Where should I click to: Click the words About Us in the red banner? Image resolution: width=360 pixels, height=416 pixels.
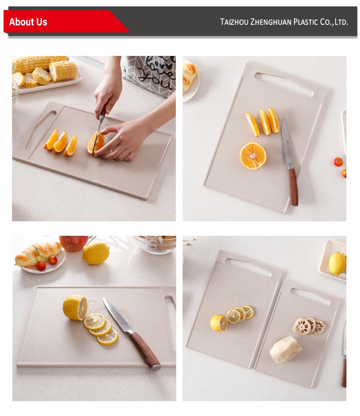(x=28, y=22)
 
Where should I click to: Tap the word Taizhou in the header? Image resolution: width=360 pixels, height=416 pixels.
(x=234, y=22)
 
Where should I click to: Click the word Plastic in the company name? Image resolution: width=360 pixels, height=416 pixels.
(x=305, y=22)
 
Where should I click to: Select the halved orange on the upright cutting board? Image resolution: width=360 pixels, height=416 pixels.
(x=253, y=156)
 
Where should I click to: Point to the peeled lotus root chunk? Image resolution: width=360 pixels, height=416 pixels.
(x=285, y=350)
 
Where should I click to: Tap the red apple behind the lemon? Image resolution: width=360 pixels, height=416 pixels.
(x=74, y=243)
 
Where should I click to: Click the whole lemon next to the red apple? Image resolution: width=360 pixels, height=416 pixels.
(x=96, y=253)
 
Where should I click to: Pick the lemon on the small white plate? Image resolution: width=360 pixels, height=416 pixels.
(x=337, y=264)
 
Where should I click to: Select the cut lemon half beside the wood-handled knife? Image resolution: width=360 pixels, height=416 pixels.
(x=75, y=307)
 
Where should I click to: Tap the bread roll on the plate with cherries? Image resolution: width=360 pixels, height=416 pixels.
(x=38, y=253)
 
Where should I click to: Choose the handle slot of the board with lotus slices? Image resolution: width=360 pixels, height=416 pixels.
(x=310, y=297)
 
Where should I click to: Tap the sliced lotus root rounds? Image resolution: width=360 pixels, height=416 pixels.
(x=309, y=326)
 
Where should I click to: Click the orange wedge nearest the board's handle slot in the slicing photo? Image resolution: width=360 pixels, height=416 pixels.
(x=51, y=139)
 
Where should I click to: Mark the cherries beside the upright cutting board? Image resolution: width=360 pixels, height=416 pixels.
(x=340, y=166)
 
